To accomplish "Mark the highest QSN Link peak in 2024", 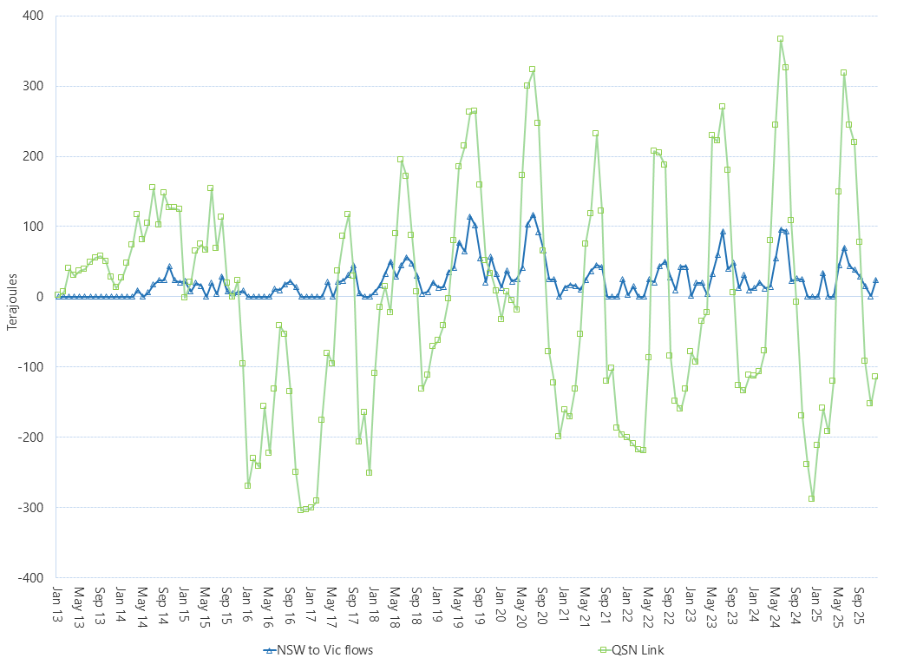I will (781, 38).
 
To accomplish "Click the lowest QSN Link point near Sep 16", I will (300, 510).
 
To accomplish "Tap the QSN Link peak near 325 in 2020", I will (532, 69).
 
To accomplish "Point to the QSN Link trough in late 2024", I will (812, 498).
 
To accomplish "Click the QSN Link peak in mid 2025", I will (843, 72).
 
